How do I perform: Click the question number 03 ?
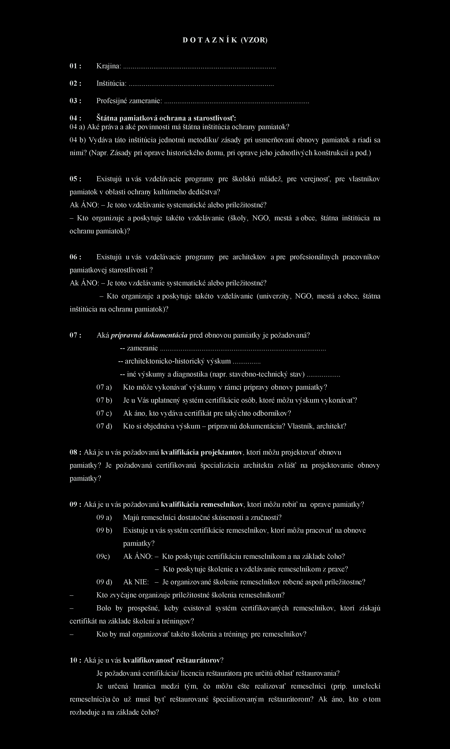[x=75, y=101]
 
